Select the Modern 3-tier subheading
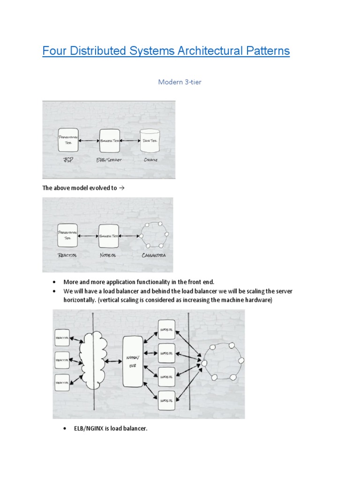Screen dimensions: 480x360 point(180,82)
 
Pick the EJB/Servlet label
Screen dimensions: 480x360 point(110,159)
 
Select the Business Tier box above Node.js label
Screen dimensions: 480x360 point(108,235)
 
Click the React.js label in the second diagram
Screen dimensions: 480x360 point(67,255)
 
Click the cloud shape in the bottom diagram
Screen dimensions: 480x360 point(93,361)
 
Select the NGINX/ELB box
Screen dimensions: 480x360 point(133,361)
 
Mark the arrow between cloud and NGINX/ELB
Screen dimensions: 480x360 point(114,361)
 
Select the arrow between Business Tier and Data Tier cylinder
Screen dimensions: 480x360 point(130,140)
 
